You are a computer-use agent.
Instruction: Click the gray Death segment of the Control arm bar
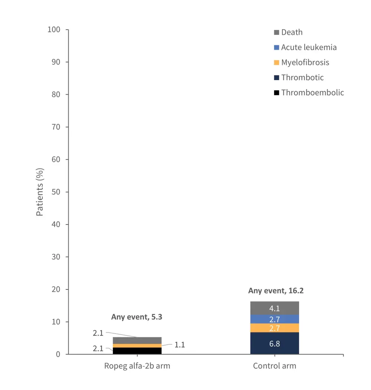click(x=275, y=308)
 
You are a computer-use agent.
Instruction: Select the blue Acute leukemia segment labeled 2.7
click(x=275, y=319)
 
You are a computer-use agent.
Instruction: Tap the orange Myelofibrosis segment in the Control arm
click(x=275, y=328)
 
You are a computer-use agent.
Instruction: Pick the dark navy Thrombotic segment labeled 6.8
click(x=275, y=343)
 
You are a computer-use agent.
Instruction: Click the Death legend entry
click(x=292, y=32)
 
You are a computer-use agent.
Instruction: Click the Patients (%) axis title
click(x=40, y=192)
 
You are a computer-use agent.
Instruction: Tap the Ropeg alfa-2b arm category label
click(x=137, y=366)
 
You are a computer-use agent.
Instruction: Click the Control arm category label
click(x=275, y=366)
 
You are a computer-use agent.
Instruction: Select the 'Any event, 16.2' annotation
click(x=276, y=291)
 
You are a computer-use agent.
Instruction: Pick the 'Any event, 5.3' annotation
click(x=137, y=317)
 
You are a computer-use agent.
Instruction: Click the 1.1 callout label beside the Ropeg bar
click(x=180, y=345)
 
